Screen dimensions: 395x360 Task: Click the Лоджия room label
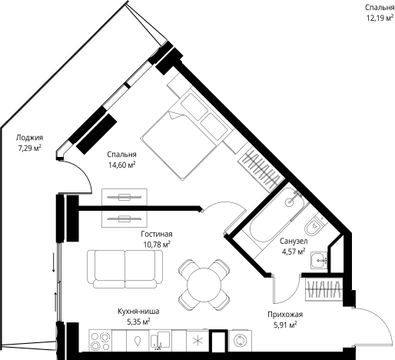(x=29, y=138)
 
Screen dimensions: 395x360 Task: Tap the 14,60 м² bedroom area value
(x=121, y=165)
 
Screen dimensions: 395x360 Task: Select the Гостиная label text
(x=157, y=234)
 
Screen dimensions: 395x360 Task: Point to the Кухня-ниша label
(x=138, y=312)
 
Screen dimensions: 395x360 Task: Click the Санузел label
(x=294, y=241)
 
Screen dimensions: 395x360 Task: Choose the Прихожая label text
(x=285, y=315)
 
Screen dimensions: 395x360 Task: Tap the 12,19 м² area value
(x=380, y=18)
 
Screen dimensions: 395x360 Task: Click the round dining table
(x=204, y=285)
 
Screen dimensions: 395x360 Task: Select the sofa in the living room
(x=124, y=269)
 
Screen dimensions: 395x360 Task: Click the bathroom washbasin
(x=319, y=261)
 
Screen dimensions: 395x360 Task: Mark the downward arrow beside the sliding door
(x=54, y=262)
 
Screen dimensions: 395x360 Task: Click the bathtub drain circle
(x=290, y=202)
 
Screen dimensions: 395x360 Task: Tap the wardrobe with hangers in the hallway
(x=324, y=289)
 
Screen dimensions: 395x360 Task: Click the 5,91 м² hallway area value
(x=285, y=325)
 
